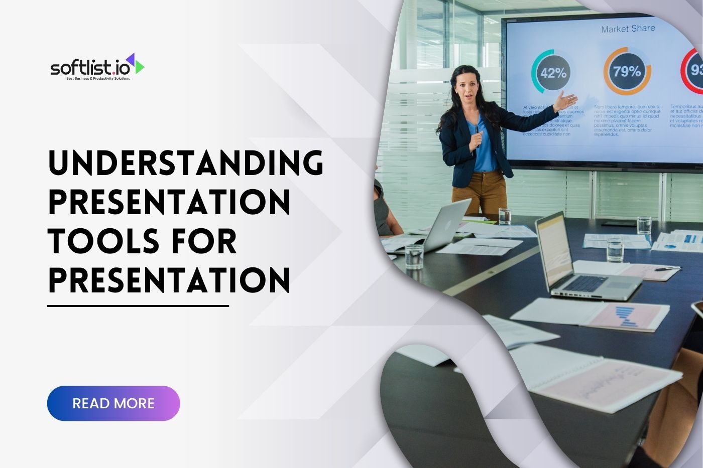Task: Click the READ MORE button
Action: point(113,403)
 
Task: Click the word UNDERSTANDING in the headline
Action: point(186,163)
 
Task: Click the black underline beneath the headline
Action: point(138,305)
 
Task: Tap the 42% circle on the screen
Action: point(553,73)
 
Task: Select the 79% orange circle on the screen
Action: point(627,72)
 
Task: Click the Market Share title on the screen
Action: point(628,29)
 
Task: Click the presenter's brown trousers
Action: point(480,193)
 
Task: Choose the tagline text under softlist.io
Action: point(98,79)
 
